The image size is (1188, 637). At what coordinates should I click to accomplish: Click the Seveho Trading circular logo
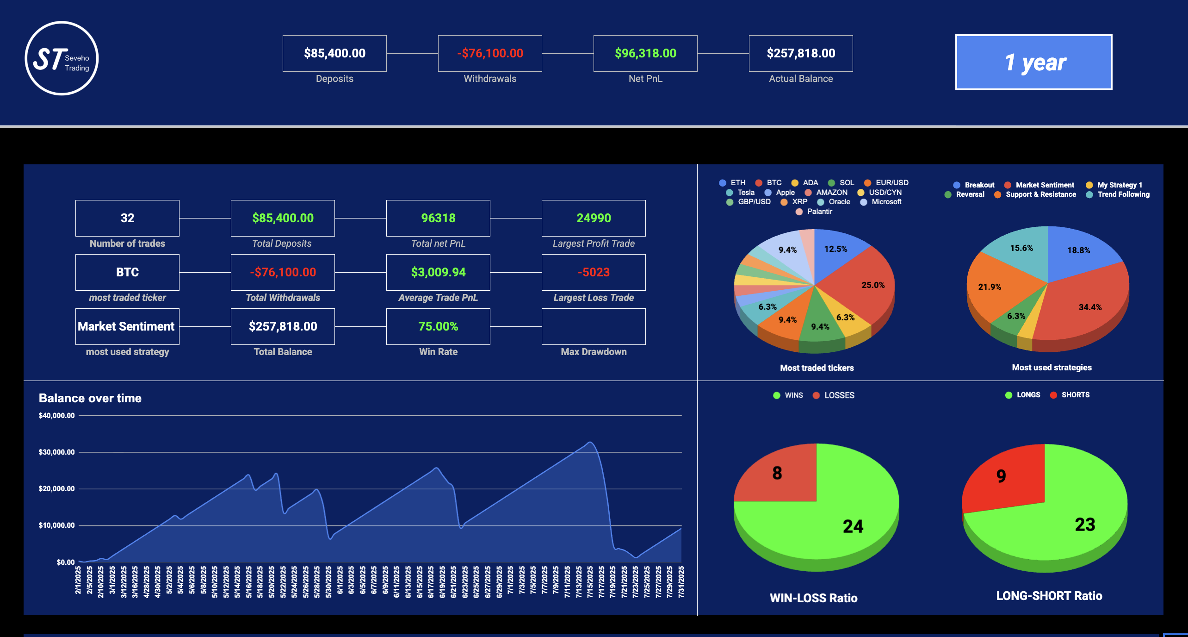[62, 58]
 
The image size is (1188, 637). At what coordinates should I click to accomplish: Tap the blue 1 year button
[1033, 62]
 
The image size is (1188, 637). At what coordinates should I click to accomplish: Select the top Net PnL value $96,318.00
[645, 53]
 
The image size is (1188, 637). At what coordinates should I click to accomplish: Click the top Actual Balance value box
[801, 53]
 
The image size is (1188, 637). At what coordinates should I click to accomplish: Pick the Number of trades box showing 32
[127, 218]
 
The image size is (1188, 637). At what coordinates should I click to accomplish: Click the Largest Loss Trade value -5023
[594, 272]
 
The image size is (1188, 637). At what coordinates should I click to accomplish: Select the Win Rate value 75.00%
[438, 326]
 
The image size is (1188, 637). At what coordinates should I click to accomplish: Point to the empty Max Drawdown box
[594, 326]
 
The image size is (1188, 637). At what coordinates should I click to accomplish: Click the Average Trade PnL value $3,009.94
[438, 272]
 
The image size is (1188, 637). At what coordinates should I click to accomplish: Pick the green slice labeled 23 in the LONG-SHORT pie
[1078, 523]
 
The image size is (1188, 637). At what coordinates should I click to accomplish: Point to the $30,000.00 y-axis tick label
[56, 452]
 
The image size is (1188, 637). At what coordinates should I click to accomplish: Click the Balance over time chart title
[90, 398]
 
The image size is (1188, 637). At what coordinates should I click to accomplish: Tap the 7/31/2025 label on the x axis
[681, 582]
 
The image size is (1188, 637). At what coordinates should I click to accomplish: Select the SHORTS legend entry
[1075, 395]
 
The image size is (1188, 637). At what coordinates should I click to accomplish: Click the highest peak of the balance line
[590, 443]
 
